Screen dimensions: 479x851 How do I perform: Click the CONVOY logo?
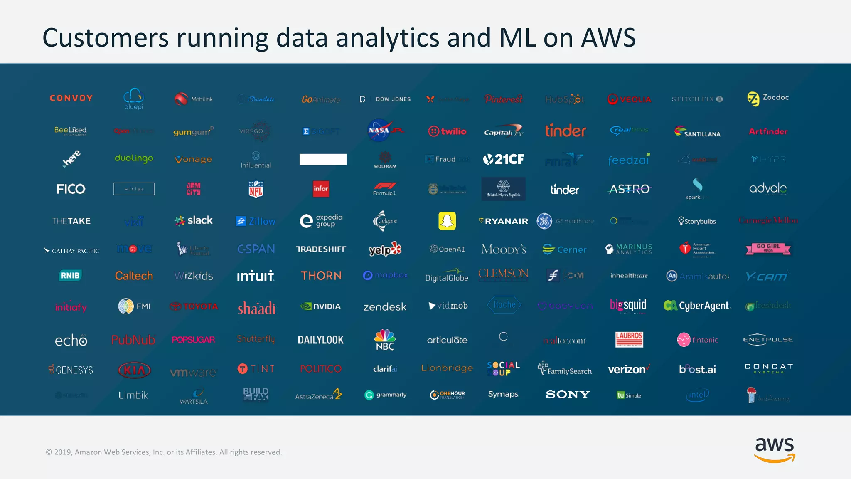click(71, 98)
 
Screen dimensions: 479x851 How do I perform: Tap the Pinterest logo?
click(503, 99)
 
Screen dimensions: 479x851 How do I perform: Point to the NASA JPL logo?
click(385, 131)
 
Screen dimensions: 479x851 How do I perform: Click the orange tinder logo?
click(565, 131)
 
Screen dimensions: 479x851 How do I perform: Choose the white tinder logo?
click(565, 190)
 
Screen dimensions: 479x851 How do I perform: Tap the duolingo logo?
click(134, 158)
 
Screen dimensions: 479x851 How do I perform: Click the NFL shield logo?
click(256, 189)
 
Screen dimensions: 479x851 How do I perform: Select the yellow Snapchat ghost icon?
click(447, 221)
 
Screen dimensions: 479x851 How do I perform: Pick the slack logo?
click(194, 220)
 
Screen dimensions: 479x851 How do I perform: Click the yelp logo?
click(385, 249)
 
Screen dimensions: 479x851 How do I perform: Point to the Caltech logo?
click(134, 276)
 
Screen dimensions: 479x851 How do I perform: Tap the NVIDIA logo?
click(320, 306)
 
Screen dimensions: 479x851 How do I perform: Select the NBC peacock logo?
click(385, 340)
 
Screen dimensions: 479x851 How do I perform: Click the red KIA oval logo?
click(134, 370)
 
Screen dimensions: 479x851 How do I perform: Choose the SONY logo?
click(568, 394)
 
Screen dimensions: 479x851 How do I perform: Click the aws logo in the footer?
click(775, 449)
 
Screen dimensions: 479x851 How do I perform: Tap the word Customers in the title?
click(106, 38)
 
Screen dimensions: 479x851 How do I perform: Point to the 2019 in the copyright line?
click(64, 452)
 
